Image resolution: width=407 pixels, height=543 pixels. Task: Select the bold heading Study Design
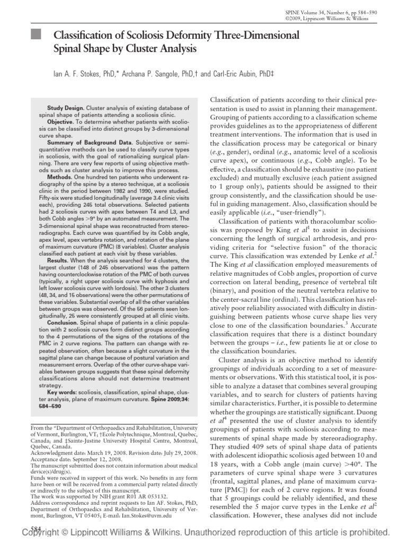tap(64, 107)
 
